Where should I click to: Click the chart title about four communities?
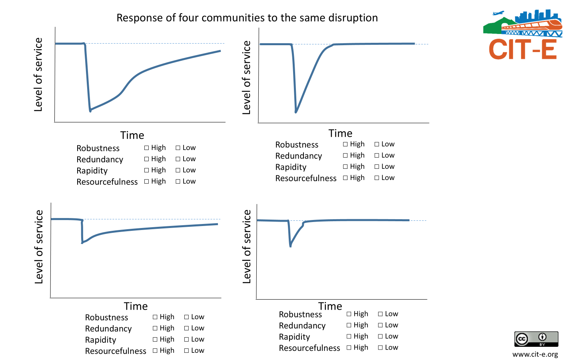tap(247, 18)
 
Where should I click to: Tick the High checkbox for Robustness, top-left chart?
tap(147, 148)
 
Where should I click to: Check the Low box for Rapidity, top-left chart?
tap(178, 170)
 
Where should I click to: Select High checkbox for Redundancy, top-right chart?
tap(345, 156)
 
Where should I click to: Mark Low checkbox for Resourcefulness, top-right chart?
tap(377, 178)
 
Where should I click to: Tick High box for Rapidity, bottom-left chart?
tap(155, 340)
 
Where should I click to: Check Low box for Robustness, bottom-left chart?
tap(186, 317)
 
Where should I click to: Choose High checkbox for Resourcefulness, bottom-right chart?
tap(349, 348)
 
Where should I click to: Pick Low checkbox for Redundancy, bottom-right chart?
tap(380, 325)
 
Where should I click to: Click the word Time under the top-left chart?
tap(132, 135)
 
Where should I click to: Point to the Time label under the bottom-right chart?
tap(330, 306)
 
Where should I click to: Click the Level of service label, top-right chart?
tap(247, 78)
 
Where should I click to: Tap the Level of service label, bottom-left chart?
tap(39, 247)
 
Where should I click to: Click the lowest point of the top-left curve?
tap(90, 110)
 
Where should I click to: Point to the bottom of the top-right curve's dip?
tap(296, 112)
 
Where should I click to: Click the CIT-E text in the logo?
tap(523, 50)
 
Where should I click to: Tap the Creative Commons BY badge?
tap(536, 339)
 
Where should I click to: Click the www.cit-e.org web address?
tap(535, 354)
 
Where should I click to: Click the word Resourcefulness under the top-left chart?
tap(107, 182)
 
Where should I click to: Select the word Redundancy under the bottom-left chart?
tap(108, 329)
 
